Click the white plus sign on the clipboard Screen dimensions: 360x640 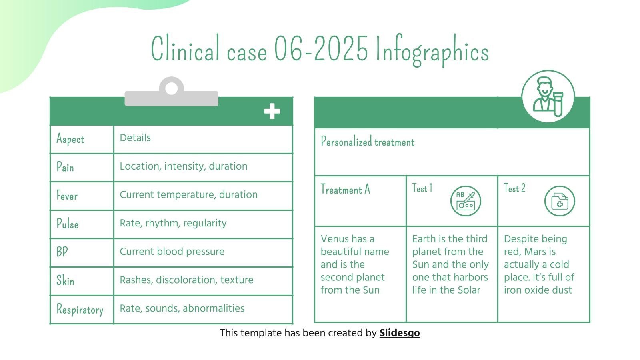[272, 111]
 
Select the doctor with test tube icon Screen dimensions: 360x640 [548, 96]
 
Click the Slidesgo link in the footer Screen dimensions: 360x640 [399, 333]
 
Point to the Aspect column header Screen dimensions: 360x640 [70, 139]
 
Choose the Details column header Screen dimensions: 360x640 [135, 138]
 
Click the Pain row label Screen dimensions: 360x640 [65, 167]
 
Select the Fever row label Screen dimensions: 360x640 [67, 196]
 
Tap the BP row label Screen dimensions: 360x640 [62, 252]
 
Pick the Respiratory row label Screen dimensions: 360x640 [80, 310]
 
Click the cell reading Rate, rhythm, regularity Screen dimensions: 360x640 [173, 223]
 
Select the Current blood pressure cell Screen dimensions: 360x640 [172, 252]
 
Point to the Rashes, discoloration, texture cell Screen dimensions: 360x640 [186, 280]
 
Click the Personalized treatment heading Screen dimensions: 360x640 [368, 142]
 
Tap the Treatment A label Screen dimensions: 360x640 [345, 189]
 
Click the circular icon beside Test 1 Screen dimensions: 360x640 [466, 201]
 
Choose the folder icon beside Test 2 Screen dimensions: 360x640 [560, 201]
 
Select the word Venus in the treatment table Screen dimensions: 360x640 [335, 239]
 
